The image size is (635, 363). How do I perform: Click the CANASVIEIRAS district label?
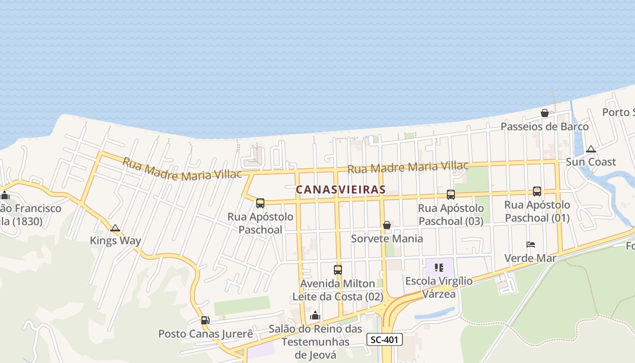click(x=340, y=190)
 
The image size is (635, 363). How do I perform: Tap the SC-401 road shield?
click(x=384, y=339)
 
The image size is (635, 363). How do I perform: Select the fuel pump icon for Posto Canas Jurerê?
click(x=205, y=320)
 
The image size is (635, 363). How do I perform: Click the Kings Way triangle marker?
click(x=115, y=228)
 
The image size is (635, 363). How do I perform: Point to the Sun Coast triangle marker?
click(x=591, y=149)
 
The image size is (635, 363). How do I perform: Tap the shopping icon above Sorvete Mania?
click(x=387, y=225)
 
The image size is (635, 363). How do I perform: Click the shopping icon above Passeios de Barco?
click(x=545, y=113)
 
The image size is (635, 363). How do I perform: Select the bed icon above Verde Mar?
click(x=531, y=245)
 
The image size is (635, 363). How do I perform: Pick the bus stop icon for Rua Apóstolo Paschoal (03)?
click(x=451, y=194)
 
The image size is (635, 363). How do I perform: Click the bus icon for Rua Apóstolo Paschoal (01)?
click(x=537, y=191)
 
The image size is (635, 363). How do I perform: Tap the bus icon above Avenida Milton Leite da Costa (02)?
click(x=338, y=270)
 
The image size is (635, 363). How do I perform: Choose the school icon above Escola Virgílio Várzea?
click(x=439, y=268)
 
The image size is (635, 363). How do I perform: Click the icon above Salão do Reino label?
click(x=315, y=315)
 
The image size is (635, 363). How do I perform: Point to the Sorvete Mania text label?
click(x=387, y=239)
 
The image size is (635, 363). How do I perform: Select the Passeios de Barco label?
click(x=544, y=127)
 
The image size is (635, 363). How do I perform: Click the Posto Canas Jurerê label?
click(x=205, y=334)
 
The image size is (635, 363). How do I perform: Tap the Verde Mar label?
click(x=530, y=258)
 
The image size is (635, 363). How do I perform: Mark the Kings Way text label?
click(x=115, y=240)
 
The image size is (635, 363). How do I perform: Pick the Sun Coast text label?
click(x=591, y=162)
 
